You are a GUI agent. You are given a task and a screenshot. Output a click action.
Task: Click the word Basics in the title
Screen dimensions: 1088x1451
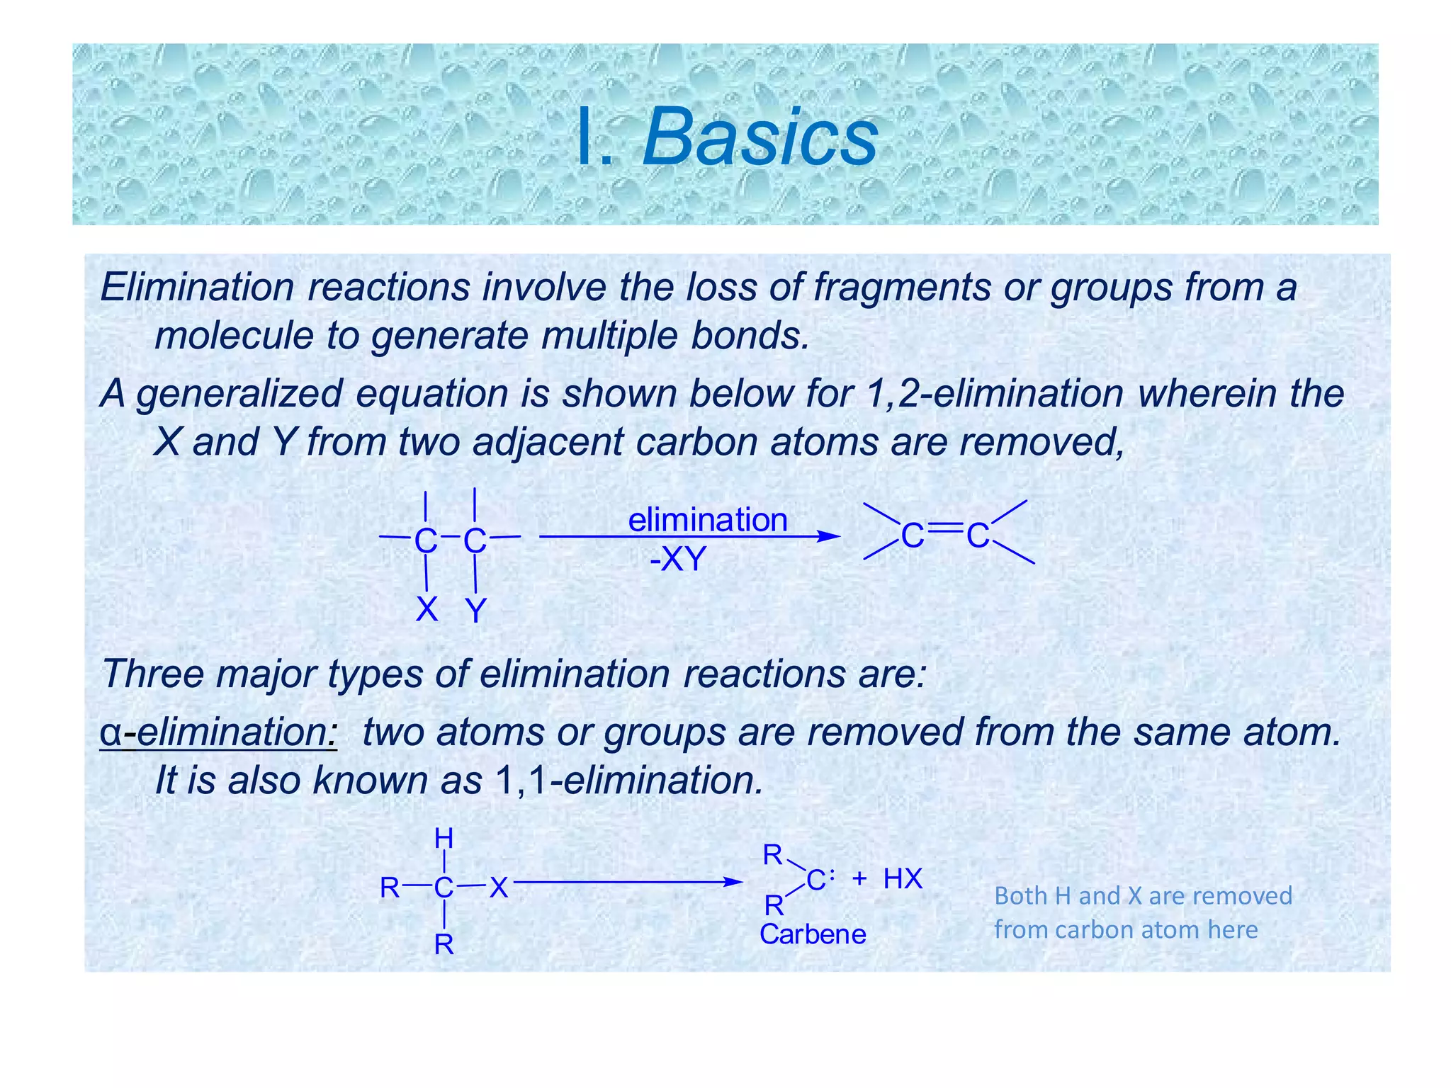(760, 137)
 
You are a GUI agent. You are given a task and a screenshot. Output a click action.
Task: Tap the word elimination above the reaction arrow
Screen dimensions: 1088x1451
(707, 520)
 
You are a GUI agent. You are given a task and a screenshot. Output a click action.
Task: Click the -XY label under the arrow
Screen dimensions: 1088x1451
(678, 560)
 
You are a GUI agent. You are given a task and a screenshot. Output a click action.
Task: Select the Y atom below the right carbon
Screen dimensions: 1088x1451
(475, 611)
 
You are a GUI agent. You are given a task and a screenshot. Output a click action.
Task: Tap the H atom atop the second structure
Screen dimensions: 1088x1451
(444, 839)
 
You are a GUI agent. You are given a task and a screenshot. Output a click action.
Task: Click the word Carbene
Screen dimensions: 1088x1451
(812, 934)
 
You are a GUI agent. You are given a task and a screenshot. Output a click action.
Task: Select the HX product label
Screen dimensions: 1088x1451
(902, 879)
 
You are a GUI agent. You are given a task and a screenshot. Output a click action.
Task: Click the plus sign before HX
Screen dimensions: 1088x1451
(859, 879)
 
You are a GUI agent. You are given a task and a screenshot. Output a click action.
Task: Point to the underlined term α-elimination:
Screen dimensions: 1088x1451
(218, 732)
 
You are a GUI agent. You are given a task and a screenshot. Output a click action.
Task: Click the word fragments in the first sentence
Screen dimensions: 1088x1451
(901, 288)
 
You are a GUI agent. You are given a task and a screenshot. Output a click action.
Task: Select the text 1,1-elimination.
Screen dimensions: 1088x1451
(628, 781)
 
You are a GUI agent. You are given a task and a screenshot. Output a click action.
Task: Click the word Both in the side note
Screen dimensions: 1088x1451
(1020, 896)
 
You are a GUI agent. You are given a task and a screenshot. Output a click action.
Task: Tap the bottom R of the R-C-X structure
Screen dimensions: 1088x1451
(444, 944)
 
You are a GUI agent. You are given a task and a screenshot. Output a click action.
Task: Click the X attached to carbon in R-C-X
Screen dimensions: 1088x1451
(499, 887)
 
